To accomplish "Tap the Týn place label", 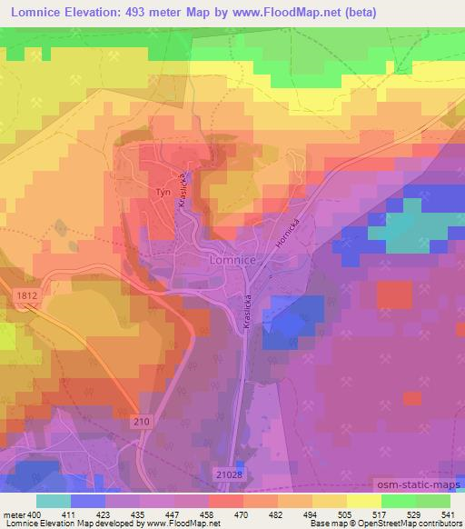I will click(x=163, y=194).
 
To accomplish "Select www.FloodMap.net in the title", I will click(x=272, y=13).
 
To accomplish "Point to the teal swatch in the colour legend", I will click(x=54, y=501).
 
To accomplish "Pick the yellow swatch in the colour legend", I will click(x=363, y=501).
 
